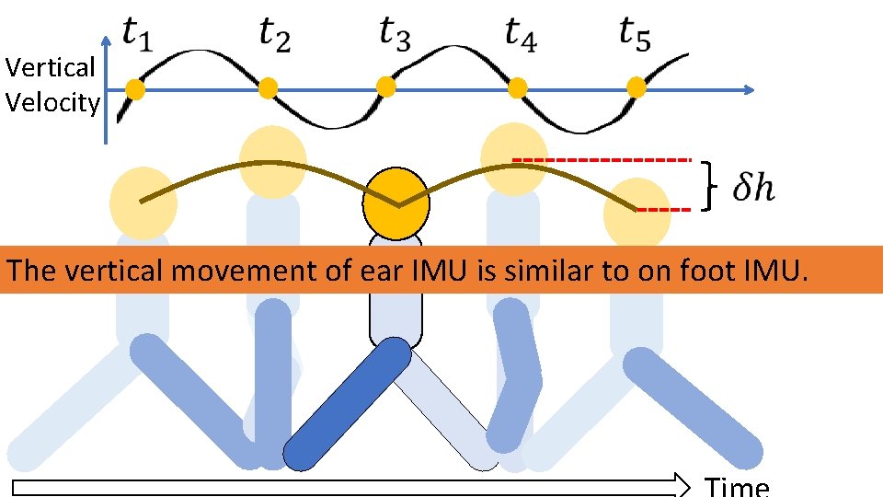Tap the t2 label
pyautogui.click(x=274, y=37)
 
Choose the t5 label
pyautogui.click(x=636, y=34)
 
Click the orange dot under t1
pyautogui.click(x=135, y=89)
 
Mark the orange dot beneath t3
pyautogui.click(x=386, y=87)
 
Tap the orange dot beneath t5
pyautogui.click(x=636, y=88)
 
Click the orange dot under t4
pyautogui.click(x=517, y=87)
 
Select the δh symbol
pyautogui.click(x=753, y=189)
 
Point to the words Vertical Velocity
pyautogui.click(x=51, y=85)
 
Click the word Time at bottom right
pyautogui.click(x=736, y=486)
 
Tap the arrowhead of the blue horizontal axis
pyautogui.click(x=748, y=89)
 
